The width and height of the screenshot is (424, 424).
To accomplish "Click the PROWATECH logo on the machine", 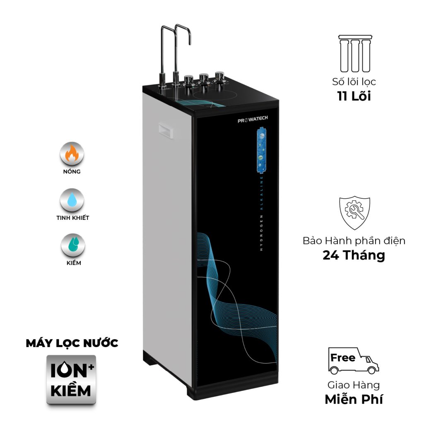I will pyautogui.click(x=253, y=119).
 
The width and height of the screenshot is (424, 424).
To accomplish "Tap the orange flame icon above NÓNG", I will pyautogui.click(x=72, y=154).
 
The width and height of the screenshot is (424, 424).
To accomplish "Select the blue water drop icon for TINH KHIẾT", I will pyautogui.click(x=72, y=200).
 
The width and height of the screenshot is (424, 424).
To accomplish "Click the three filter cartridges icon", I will pyautogui.click(x=354, y=53).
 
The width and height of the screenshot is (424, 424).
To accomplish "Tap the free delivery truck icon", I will pyautogui.click(x=353, y=361).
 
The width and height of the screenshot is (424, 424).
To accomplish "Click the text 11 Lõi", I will pyautogui.click(x=354, y=96).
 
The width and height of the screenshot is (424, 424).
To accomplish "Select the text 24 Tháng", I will pyautogui.click(x=354, y=255).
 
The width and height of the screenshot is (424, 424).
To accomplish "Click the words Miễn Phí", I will pyautogui.click(x=354, y=399).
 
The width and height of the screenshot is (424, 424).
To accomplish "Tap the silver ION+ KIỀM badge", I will pyautogui.click(x=71, y=379).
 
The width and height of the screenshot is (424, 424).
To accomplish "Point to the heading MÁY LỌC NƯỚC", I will pyautogui.click(x=72, y=343).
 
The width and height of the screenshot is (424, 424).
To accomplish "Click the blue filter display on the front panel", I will pyautogui.click(x=261, y=151).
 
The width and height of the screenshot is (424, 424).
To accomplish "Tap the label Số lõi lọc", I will pyautogui.click(x=354, y=81).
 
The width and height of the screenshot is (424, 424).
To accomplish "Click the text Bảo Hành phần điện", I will pyautogui.click(x=354, y=241).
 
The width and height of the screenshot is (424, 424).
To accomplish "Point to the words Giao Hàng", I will pyautogui.click(x=354, y=385).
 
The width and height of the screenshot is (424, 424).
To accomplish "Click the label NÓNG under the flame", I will pyautogui.click(x=72, y=171).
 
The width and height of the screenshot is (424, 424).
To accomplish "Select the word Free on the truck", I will pyautogui.click(x=343, y=357).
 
